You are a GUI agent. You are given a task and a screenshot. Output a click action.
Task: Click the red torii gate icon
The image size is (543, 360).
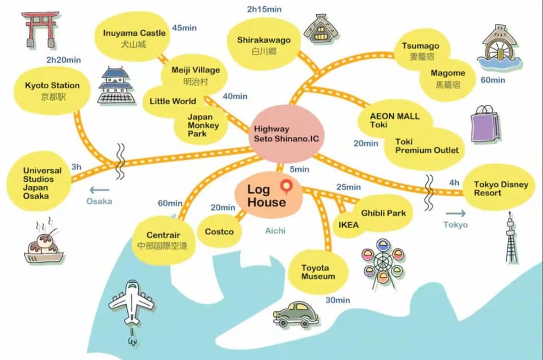[x=39, y=29]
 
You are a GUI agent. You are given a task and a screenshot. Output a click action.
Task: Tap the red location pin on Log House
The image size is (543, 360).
[x=286, y=186]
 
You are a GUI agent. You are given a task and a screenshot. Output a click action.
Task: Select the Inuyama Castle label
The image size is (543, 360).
[x=134, y=33]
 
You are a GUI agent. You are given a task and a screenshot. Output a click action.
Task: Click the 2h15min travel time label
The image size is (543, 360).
[x=264, y=10]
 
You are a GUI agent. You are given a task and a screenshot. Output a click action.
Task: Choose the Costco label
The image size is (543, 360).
[x=219, y=232]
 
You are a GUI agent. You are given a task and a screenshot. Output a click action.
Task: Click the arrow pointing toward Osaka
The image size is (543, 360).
[x=100, y=190]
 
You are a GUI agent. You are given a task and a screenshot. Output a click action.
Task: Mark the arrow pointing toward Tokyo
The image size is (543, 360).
[x=456, y=213]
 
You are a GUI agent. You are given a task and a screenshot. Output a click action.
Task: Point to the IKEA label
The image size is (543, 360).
[x=348, y=225]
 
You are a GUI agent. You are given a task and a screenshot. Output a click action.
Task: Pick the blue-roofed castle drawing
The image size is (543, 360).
[x=115, y=85]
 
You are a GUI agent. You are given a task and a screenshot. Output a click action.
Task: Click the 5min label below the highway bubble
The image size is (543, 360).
[x=300, y=169]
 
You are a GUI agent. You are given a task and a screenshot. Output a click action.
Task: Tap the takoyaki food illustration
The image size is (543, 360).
[x=44, y=242]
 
